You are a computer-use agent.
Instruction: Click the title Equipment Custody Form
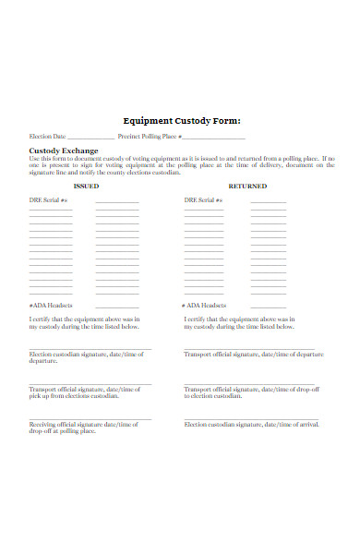(x=181, y=120)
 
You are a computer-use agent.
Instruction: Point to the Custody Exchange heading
(x=64, y=150)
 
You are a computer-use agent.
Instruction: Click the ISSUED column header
(x=86, y=186)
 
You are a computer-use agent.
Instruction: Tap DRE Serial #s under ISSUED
(x=50, y=199)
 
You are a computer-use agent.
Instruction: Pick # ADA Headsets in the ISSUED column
(x=51, y=305)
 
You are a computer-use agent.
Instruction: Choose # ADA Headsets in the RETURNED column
(x=204, y=305)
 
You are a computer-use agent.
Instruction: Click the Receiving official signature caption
(x=83, y=428)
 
